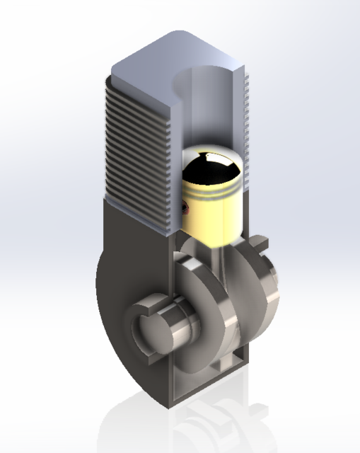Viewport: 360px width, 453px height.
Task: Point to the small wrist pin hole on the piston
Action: (x=186, y=207)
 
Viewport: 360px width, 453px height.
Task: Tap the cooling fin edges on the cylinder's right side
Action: (x=248, y=127)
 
